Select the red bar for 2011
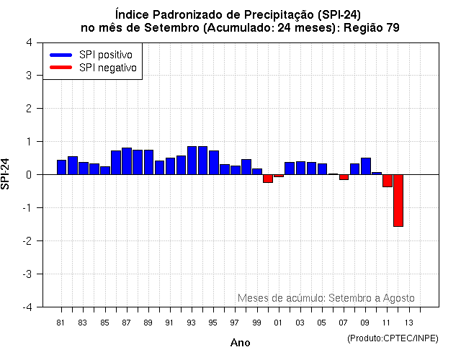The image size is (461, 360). pos(387,181)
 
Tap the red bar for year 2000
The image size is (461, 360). pos(267,179)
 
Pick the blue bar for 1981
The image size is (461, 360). pos(61,167)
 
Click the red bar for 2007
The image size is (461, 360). pos(344,177)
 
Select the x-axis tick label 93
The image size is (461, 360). pos(191,322)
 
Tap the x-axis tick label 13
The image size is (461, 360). pos(408,322)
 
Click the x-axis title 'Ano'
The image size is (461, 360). pos(240,343)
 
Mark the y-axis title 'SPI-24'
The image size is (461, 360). pos(7,174)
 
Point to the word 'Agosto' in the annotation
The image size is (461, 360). pos(399,298)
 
